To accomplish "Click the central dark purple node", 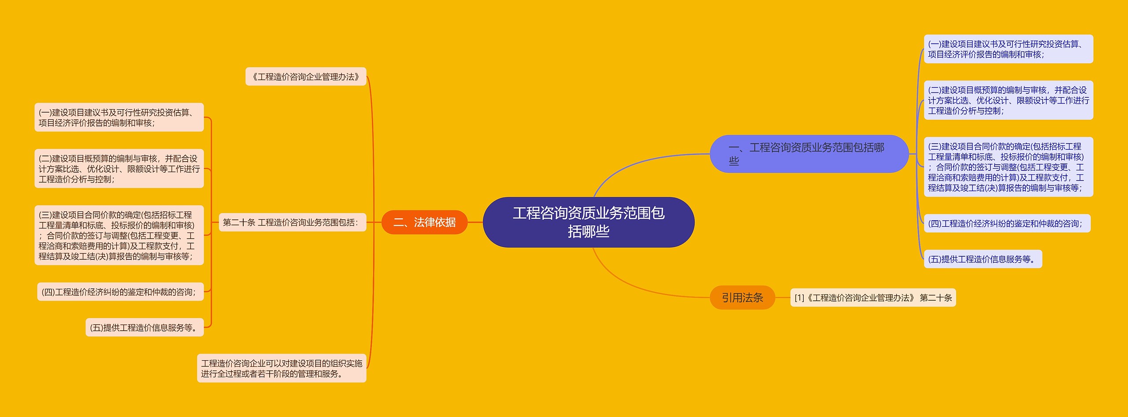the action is point(588,222).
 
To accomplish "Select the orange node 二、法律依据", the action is point(424,222).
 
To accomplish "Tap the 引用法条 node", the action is point(742,298).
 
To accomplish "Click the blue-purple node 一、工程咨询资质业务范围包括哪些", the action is point(809,154).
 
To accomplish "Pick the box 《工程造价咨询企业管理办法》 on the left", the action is point(306,77).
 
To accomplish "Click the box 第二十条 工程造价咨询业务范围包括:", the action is point(292,222).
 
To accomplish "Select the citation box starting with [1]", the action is point(872,298).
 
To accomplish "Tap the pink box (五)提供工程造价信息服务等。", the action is point(145,328).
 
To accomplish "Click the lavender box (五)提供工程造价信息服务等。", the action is point(982,259).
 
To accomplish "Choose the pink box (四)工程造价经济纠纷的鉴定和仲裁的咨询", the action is point(120,292).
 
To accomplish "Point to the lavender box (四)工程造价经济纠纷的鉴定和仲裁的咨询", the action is point(1006,224).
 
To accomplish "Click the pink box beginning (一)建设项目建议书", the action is point(119,118).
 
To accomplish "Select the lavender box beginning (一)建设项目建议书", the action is point(1008,49).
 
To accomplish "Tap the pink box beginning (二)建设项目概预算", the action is point(119,169).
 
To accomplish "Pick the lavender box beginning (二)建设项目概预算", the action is point(1008,100).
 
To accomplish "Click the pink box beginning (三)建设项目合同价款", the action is point(119,236).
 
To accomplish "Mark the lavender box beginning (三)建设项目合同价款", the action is point(1008,167).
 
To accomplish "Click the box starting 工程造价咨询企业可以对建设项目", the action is point(282,368).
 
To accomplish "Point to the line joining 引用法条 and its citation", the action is point(783,298).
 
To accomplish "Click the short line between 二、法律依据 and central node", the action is point(475,222).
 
